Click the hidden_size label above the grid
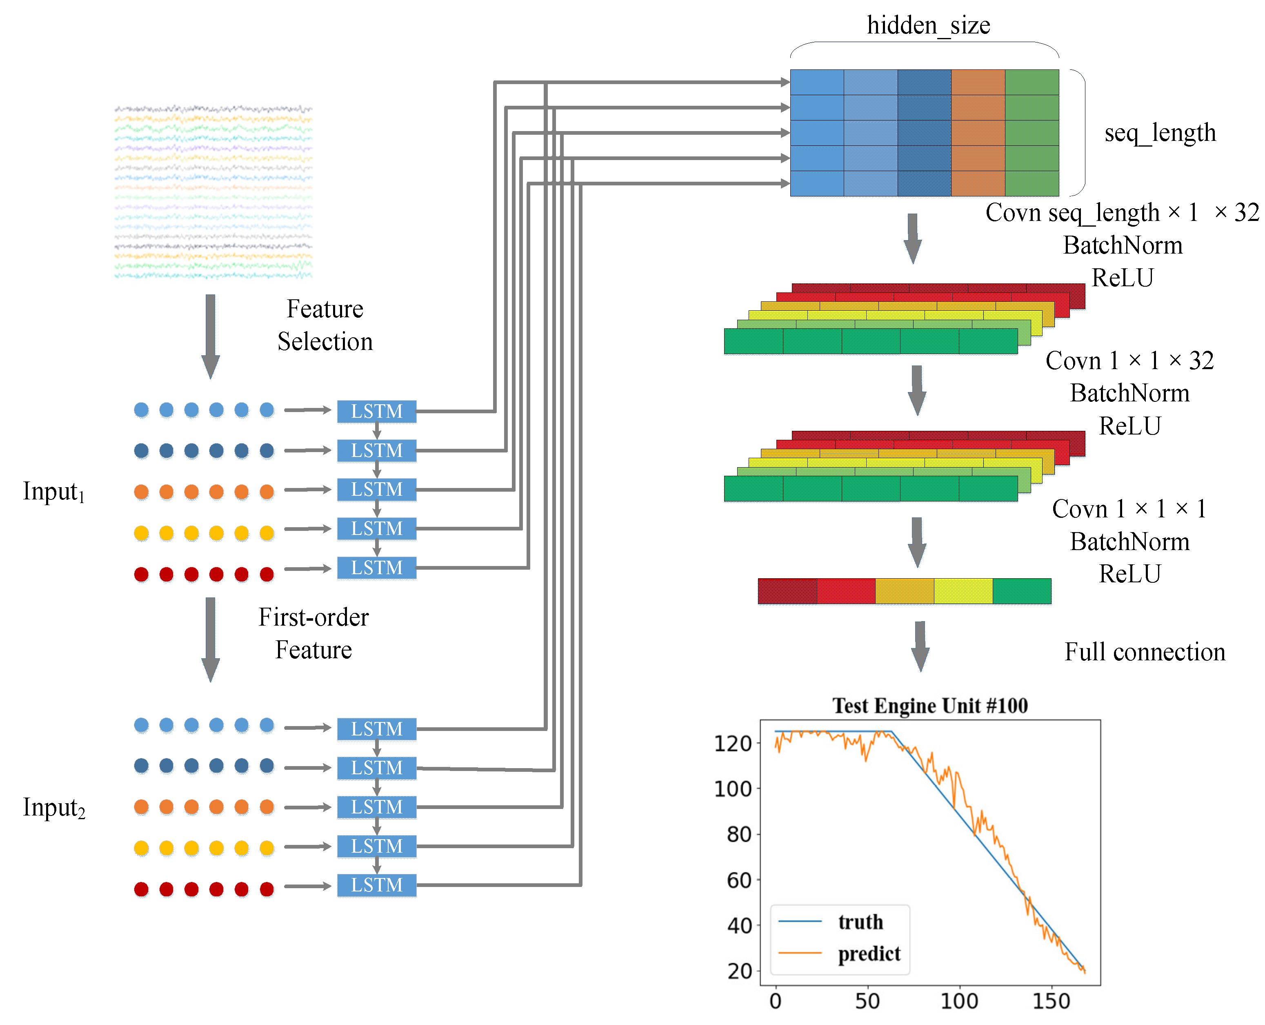click(x=928, y=25)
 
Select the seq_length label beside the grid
click(x=1160, y=133)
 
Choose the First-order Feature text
click(x=313, y=633)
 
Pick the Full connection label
click(x=1145, y=652)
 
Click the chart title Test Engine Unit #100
click(x=930, y=706)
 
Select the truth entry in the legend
click(x=860, y=922)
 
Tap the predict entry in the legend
click(x=869, y=954)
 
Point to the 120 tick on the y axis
click(x=733, y=743)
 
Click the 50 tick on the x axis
click(x=867, y=1001)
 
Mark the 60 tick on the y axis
click(x=738, y=880)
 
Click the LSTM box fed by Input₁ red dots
click(x=377, y=568)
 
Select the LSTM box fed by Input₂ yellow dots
click(x=377, y=846)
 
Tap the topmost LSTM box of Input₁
click(x=377, y=411)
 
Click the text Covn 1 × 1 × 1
click(x=1129, y=508)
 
